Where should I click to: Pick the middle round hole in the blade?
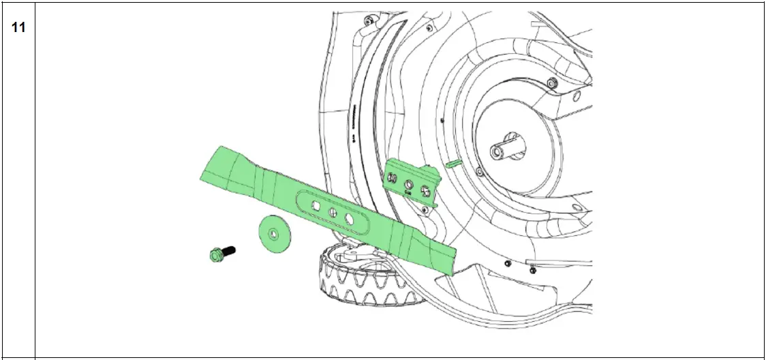(x=333, y=213)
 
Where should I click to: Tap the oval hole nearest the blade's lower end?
(x=350, y=219)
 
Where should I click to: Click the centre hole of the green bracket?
(x=411, y=184)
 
